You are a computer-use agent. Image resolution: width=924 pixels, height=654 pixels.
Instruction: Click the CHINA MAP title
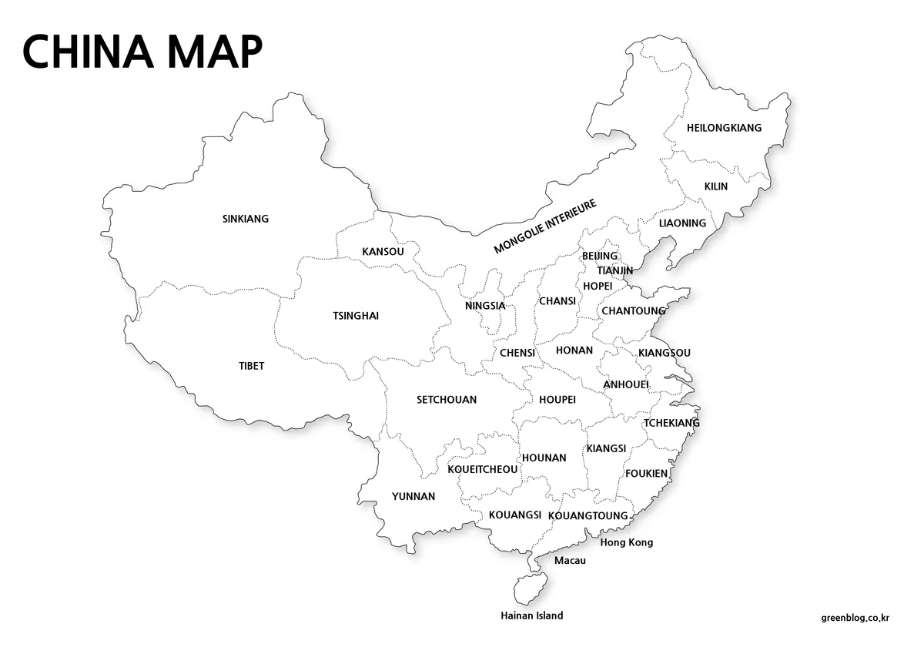142,52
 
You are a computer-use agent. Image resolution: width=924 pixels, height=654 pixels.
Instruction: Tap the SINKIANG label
246,219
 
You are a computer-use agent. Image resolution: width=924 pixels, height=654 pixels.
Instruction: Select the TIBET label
252,366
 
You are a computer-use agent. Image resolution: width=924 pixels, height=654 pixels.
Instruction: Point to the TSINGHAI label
356,316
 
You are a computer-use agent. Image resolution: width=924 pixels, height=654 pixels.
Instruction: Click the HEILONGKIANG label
724,128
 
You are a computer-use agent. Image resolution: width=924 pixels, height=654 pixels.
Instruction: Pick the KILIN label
716,186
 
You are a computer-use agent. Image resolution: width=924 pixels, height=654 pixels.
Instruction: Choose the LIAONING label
682,223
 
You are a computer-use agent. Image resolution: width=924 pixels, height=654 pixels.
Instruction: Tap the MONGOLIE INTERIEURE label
545,227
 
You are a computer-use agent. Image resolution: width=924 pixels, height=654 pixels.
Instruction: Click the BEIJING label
600,256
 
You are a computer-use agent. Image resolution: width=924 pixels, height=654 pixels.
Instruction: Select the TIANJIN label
615,270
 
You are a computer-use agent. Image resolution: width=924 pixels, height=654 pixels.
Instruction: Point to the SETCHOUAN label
447,400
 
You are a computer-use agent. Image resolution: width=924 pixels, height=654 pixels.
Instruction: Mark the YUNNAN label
413,497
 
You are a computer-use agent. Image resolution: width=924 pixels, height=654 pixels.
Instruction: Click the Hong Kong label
627,542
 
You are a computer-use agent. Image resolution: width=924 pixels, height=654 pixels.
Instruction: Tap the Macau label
570,561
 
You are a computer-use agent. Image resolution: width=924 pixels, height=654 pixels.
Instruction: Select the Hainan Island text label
531,615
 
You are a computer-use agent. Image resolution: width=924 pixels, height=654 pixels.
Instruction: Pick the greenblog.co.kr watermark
855,617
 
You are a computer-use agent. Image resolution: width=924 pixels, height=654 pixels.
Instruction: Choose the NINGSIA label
485,306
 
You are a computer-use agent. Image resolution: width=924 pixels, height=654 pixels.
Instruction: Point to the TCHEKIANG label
671,423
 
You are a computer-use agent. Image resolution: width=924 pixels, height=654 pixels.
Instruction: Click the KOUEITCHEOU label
483,469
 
